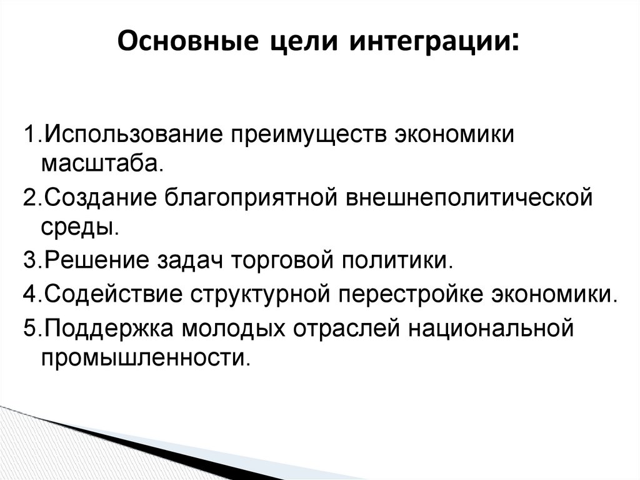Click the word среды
[79, 227]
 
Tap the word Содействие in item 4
[112, 294]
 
